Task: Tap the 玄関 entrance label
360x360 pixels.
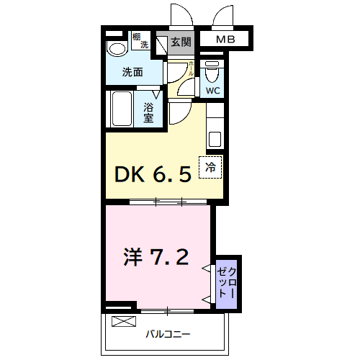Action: click(x=181, y=42)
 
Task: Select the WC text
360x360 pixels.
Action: click(x=212, y=91)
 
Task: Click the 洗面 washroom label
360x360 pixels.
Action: click(x=132, y=72)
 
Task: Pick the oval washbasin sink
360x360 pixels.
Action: click(x=115, y=48)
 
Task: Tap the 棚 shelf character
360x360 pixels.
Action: click(x=137, y=36)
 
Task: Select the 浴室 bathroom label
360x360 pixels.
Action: click(x=149, y=113)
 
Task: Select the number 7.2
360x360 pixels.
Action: click(x=171, y=256)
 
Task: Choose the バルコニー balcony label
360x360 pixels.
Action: click(x=168, y=334)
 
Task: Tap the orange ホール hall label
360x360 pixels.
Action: click(x=191, y=69)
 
